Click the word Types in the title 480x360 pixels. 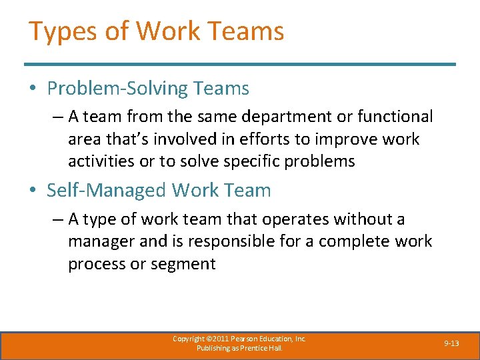[58, 31]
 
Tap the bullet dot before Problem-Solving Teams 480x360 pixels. [33, 89]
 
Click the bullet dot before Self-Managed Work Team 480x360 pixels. [33, 191]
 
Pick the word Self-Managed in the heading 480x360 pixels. [107, 190]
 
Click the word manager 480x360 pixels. [103, 241]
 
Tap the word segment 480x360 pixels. [183, 263]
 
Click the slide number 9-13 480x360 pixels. [451, 343]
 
